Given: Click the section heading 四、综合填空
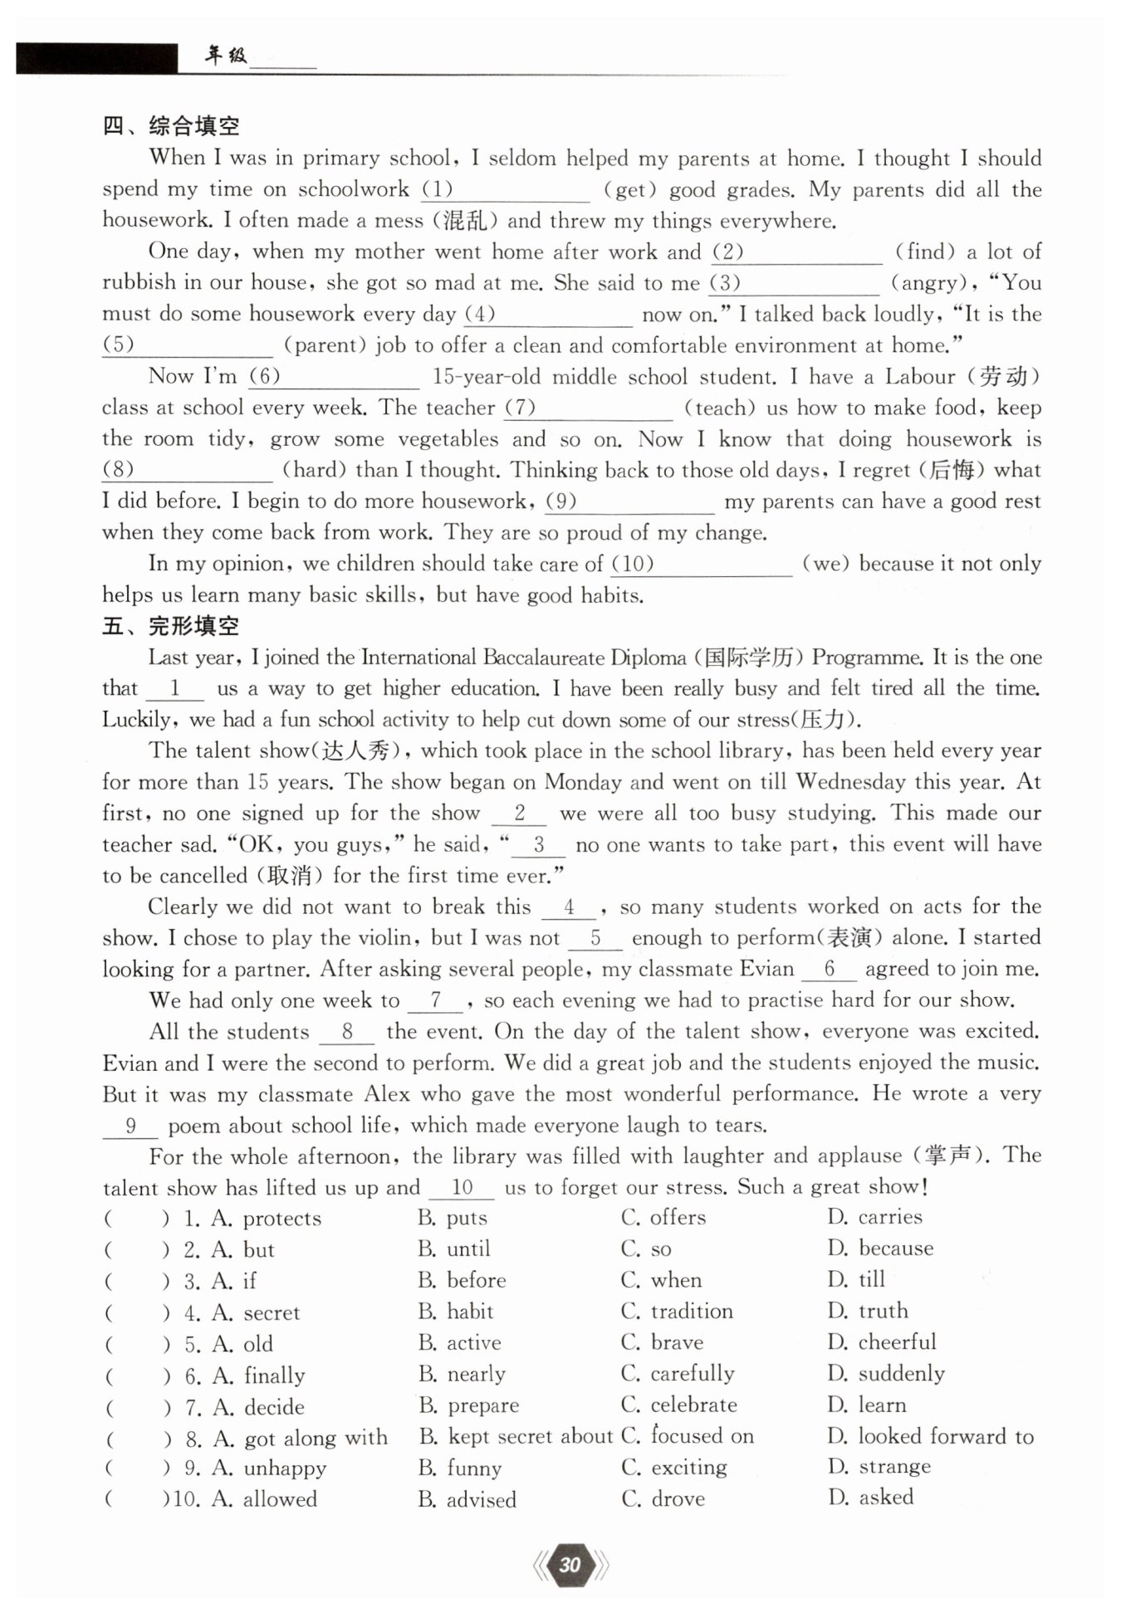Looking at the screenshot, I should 171,126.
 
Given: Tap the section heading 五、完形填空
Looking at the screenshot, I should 171,626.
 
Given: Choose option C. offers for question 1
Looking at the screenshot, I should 663,1218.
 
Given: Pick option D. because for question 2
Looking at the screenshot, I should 880,1249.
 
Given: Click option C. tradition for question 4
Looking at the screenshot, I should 678,1312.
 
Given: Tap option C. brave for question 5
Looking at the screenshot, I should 663,1342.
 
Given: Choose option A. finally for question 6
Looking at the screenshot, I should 259,1376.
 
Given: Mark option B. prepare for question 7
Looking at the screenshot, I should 469,1405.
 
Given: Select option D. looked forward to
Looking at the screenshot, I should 931,1436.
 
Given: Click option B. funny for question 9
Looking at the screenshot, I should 460,1468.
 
